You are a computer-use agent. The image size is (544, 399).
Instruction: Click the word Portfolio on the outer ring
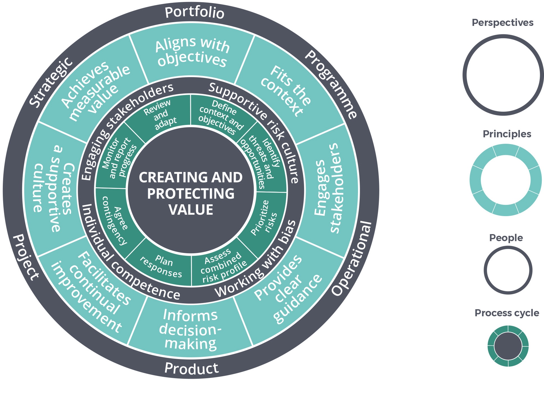click(194, 13)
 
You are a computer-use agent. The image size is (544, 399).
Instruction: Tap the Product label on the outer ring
click(191, 368)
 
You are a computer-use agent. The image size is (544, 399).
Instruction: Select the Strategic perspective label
click(51, 82)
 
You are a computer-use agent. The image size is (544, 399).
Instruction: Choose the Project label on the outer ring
click(26, 257)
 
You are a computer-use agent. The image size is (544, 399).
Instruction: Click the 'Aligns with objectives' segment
click(192, 52)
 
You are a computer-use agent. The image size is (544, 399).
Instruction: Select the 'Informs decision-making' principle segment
click(190, 329)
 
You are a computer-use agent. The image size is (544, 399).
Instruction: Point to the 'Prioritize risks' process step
click(264, 218)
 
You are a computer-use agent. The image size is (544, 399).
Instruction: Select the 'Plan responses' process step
click(161, 266)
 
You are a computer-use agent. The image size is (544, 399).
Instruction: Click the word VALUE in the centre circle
click(191, 210)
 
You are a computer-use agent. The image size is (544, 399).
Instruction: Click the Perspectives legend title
click(502, 23)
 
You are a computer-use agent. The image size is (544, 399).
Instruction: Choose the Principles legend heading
click(507, 134)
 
